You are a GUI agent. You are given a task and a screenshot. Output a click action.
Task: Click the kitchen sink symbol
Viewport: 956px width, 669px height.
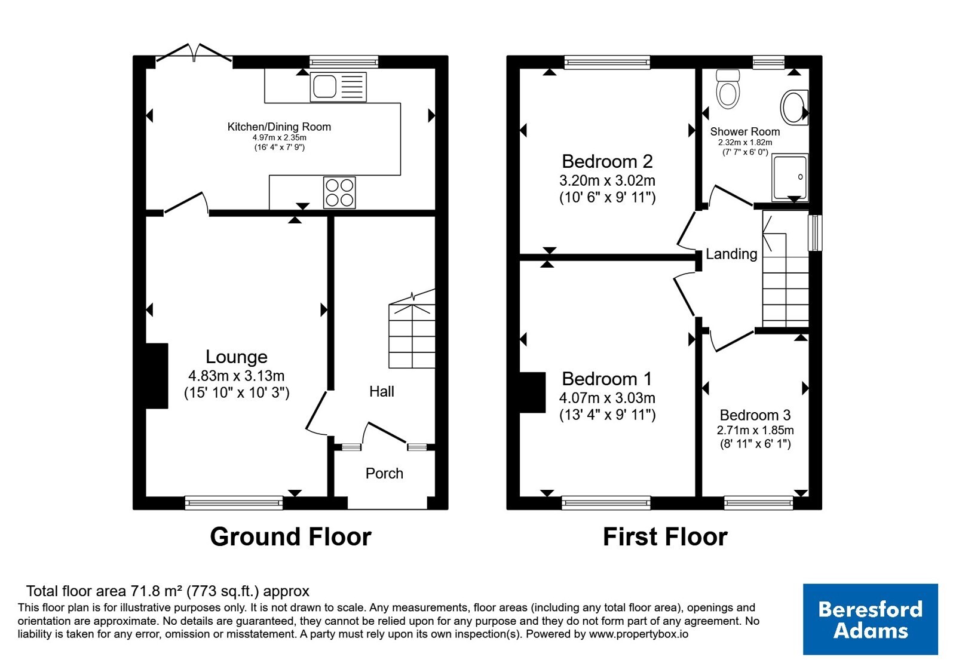[338, 87]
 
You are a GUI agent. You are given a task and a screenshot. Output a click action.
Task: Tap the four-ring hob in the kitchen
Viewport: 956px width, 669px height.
[339, 193]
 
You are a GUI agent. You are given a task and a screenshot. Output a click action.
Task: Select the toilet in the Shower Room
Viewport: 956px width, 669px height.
[728, 89]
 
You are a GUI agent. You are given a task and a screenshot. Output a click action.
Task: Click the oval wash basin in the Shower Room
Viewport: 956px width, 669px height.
[794, 107]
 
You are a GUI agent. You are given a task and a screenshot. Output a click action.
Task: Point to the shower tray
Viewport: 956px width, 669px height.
[790, 177]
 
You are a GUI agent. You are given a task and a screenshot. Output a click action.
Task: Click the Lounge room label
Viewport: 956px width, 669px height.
[237, 357]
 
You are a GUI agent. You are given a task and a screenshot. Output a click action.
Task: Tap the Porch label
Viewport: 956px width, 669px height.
[384, 473]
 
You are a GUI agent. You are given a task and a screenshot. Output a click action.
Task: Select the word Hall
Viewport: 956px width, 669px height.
[382, 391]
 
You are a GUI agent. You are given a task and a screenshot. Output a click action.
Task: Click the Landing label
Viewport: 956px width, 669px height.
[731, 254]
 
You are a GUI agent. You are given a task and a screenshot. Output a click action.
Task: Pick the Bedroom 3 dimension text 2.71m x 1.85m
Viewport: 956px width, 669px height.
[755, 430]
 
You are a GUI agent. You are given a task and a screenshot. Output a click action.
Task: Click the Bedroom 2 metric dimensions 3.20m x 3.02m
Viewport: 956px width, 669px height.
[607, 180]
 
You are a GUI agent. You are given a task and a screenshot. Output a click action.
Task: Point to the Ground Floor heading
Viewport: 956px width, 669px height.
[290, 537]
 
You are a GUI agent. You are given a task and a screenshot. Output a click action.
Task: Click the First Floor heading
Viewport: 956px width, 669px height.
[665, 537]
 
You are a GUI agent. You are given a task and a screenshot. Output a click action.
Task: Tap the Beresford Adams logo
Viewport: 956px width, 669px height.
[870, 619]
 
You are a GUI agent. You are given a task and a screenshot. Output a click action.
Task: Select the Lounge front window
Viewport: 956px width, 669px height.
[234, 502]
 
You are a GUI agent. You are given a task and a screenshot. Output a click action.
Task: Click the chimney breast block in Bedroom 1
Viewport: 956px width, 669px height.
[532, 392]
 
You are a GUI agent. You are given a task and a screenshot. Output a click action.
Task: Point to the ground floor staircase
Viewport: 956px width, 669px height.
[412, 329]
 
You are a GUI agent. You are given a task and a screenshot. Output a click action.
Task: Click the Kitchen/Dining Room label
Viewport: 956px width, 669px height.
[279, 127]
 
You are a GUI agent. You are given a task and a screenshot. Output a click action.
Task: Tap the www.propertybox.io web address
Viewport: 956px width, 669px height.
[639, 634]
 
